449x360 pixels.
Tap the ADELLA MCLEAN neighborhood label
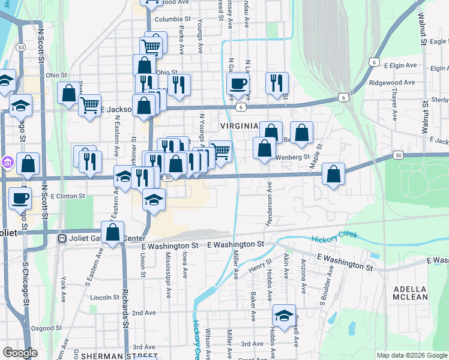click(411, 293)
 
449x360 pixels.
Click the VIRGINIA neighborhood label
click(239, 126)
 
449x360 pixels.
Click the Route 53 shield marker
click(21, 46)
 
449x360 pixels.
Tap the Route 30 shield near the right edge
click(398, 155)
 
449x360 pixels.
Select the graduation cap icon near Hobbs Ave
click(284, 315)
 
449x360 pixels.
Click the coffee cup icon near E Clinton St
click(20, 197)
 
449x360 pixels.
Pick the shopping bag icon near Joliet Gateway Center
click(112, 232)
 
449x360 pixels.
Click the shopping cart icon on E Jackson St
click(89, 106)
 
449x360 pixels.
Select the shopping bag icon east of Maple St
click(333, 174)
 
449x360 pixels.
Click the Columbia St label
click(172, 19)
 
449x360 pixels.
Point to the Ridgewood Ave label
click(392, 82)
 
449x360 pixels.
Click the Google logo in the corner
click(20, 353)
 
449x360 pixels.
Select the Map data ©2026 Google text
click(411, 355)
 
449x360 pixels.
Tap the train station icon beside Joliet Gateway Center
click(61, 238)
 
